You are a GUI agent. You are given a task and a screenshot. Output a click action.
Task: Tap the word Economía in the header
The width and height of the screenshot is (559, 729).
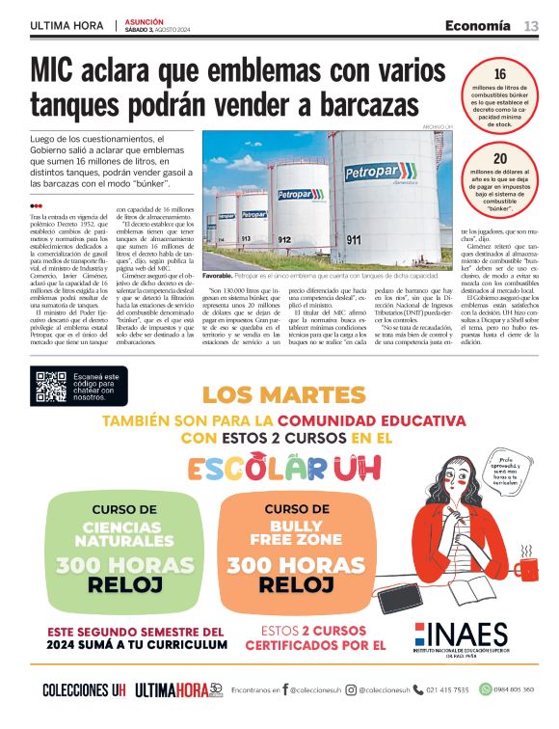tap(477, 25)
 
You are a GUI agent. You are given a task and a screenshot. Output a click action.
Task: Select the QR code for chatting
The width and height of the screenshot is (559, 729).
tap(51, 386)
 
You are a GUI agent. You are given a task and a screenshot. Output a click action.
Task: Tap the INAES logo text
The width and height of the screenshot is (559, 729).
tap(466, 635)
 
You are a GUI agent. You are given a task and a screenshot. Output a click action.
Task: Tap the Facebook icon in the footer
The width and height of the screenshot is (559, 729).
tap(285, 689)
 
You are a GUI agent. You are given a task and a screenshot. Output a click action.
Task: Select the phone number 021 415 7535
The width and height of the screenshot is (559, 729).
tap(447, 689)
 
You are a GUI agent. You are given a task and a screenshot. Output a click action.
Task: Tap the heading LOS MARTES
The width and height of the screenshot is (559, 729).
tap(284, 395)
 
